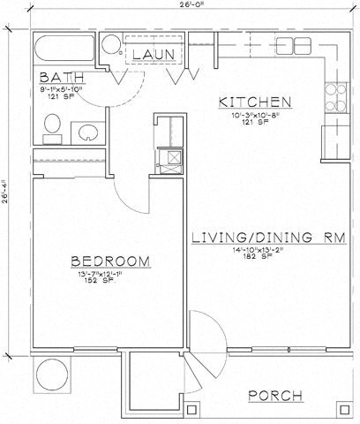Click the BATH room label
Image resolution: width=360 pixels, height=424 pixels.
[50, 79]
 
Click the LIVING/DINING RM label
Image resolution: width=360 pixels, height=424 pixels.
[252, 238]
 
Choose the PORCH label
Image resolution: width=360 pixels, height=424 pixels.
[276, 395]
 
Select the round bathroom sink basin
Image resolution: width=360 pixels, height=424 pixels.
[89, 133]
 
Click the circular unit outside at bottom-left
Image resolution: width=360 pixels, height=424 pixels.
[50, 375]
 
